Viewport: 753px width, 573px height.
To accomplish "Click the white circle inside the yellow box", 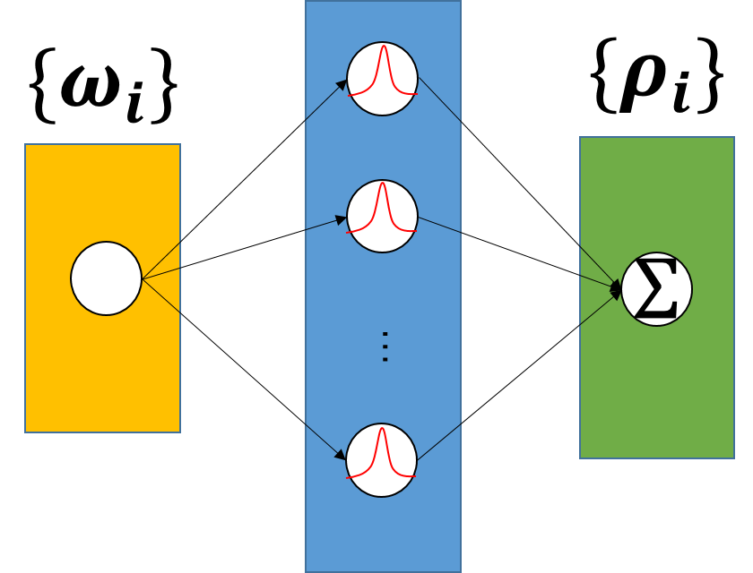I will pyautogui.click(x=106, y=278).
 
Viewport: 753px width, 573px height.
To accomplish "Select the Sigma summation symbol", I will pyautogui.click(x=656, y=289).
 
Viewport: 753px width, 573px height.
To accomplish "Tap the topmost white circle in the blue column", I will pyautogui.click(x=382, y=79).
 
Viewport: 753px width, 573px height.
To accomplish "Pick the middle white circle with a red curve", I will pyautogui.click(x=382, y=216).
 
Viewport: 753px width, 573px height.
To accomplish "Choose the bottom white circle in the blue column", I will pyautogui.click(x=381, y=460).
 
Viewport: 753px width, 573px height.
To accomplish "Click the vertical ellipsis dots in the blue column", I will pyautogui.click(x=385, y=346).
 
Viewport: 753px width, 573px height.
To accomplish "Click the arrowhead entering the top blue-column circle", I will pyautogui.click(x=342, y=85).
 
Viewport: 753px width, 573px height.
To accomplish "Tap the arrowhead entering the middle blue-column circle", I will pyautogui.click(x=341, y=219).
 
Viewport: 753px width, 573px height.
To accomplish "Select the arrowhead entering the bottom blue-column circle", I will pyautogui.click(x=340, y=455).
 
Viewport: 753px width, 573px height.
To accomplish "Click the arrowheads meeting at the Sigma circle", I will pyautogui.click(x=616, y=288).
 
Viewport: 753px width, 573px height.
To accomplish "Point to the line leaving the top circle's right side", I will pyautogui.click(x=439, y=99).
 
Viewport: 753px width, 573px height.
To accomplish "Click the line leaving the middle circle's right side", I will pyautogui.click(x=439, y=225).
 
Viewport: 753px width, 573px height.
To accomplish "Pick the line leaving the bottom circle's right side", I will pyautogui.click(x=439, y=441).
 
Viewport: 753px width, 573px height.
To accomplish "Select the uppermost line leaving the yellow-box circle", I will pyautogui.click(x=162, y=259).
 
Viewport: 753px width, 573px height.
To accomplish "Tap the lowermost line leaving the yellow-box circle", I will pyautogui.click(x=162, y=296).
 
